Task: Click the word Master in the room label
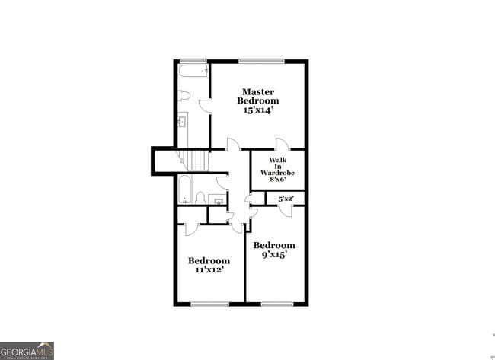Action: pos(257,91)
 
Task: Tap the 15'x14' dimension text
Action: pos(257,110)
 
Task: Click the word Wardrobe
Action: pos(276,173)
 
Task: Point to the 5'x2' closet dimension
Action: pos(286,199)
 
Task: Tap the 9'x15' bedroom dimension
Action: pos(273,255)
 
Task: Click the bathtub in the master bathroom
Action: pos(193,72)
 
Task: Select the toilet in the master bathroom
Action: pos(184,96)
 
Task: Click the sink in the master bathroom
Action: pos(183,119)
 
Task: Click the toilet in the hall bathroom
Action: pos(200,199)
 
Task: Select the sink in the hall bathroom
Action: pos(218,202)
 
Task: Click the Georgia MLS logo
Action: pos(27,350)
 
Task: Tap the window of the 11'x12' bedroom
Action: pos(209,304)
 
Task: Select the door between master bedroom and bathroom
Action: pos(205,107)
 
